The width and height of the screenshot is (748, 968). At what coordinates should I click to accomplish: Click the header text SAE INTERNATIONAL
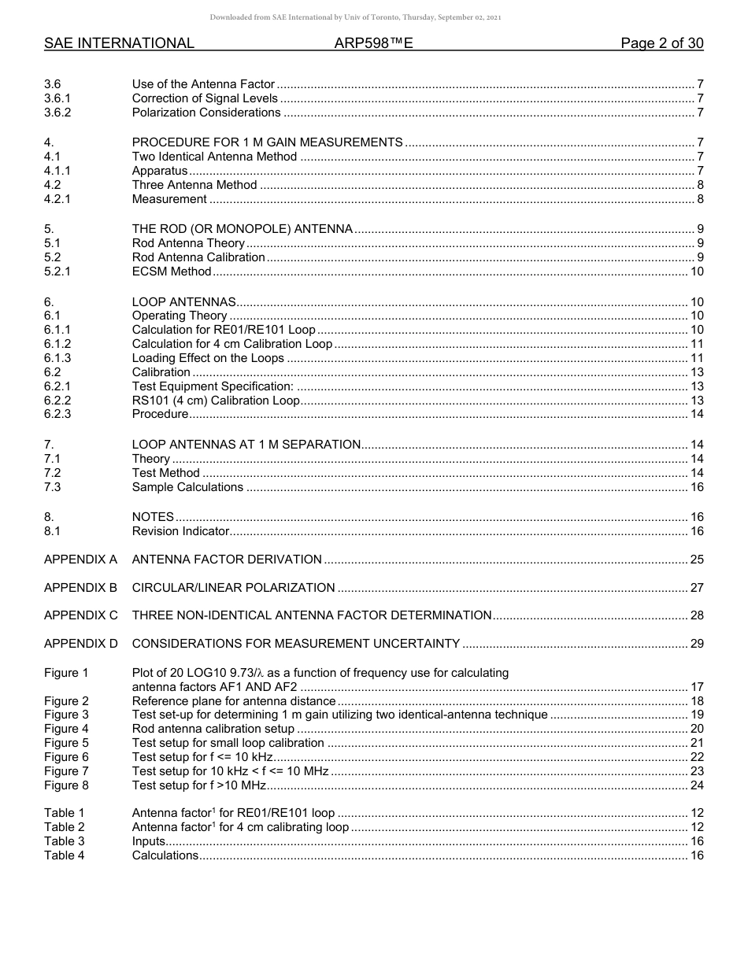119,43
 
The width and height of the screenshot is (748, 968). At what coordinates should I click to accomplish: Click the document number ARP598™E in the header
373,43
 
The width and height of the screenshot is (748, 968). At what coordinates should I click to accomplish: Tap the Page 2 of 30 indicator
661,43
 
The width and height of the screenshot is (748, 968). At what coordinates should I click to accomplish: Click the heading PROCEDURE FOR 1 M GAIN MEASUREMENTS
267,142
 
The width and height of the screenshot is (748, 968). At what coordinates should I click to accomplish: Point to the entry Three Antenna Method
194,185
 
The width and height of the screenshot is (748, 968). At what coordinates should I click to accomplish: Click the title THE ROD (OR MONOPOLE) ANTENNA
242,229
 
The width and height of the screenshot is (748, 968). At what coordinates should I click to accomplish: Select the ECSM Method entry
171,272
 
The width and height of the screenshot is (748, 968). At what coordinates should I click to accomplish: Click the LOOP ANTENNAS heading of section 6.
183,302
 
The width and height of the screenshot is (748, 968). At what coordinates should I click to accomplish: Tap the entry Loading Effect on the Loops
207,358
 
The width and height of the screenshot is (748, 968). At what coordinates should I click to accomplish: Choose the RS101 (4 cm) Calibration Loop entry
215,401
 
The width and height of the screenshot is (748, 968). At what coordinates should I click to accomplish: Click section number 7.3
53,487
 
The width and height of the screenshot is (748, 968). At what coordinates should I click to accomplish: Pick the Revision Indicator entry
180,531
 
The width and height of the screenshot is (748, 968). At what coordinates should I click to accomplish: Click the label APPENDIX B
80,588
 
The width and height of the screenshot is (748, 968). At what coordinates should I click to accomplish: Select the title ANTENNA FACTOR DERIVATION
226,560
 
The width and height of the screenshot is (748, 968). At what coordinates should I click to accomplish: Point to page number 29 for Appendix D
696,644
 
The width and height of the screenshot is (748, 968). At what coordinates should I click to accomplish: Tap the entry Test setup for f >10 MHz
199,785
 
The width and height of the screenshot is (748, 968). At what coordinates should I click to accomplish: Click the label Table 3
64,841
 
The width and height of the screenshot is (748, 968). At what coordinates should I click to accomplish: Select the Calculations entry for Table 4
165,855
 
